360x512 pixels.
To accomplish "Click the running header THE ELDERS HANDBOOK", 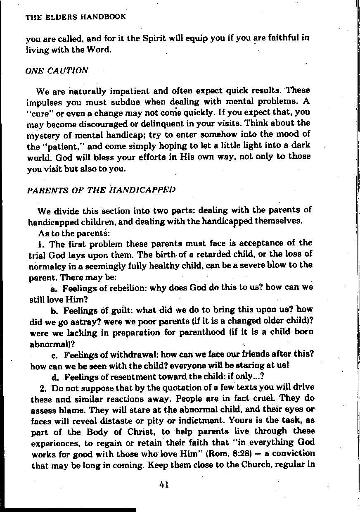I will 76,17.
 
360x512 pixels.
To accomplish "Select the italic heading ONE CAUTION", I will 57,70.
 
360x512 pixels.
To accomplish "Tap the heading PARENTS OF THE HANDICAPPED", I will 101,190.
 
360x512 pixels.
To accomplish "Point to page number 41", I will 163,485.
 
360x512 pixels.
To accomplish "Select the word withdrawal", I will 136,355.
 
